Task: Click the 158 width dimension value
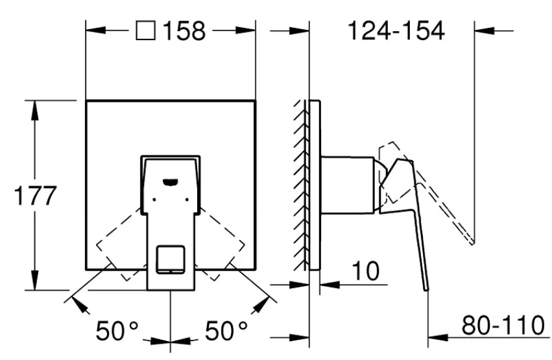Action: [184, 31]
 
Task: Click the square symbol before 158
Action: [146, 30]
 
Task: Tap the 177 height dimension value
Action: [35, 196]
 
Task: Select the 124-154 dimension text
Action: [396, 30]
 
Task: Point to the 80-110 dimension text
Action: [503, 326]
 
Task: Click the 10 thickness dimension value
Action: [366, 271]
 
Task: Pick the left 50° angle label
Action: [117, 331]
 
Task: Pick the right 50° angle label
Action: [226, 331]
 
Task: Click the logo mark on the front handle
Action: [171, 182]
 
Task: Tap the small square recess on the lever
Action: [171, 259]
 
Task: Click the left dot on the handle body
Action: [154, 200]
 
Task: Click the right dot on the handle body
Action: [187, 200]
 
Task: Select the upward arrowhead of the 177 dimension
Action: [34, 111]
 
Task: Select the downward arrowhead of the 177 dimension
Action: [34, 280]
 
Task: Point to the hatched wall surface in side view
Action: [300, 185]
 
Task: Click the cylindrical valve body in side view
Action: [348, 185]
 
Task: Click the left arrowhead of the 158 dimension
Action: [96, 30]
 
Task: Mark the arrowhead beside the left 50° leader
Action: [80, 305]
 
